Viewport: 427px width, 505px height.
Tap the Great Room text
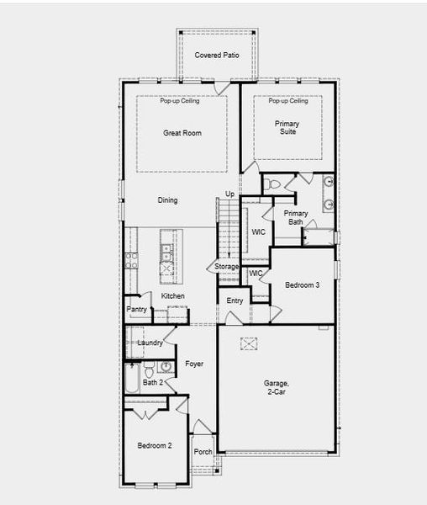[x=182, y=133]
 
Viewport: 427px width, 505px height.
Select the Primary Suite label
[x=287, y=128]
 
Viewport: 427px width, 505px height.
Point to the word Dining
[x=168, y=200]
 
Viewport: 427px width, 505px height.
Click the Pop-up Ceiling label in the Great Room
[x=180, y=101]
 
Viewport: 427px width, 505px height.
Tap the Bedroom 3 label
[x=302, y=285]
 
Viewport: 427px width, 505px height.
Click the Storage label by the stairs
[x=227, y=267]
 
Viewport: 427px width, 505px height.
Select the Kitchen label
[x=173, y=296]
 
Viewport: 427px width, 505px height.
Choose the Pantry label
[x=137, y=310]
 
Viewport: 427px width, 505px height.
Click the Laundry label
[x=150, y=343]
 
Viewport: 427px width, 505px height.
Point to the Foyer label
[x=194, y=364]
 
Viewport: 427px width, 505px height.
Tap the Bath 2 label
[x=152, y=383]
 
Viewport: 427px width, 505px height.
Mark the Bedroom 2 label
[x=155, y=444]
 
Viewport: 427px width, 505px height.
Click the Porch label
[x=203, y=452]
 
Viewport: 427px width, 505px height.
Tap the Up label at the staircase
[x=229, y=194]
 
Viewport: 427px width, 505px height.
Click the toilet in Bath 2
[x=149, y=370]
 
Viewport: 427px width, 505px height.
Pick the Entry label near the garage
[x=235, y=300]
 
